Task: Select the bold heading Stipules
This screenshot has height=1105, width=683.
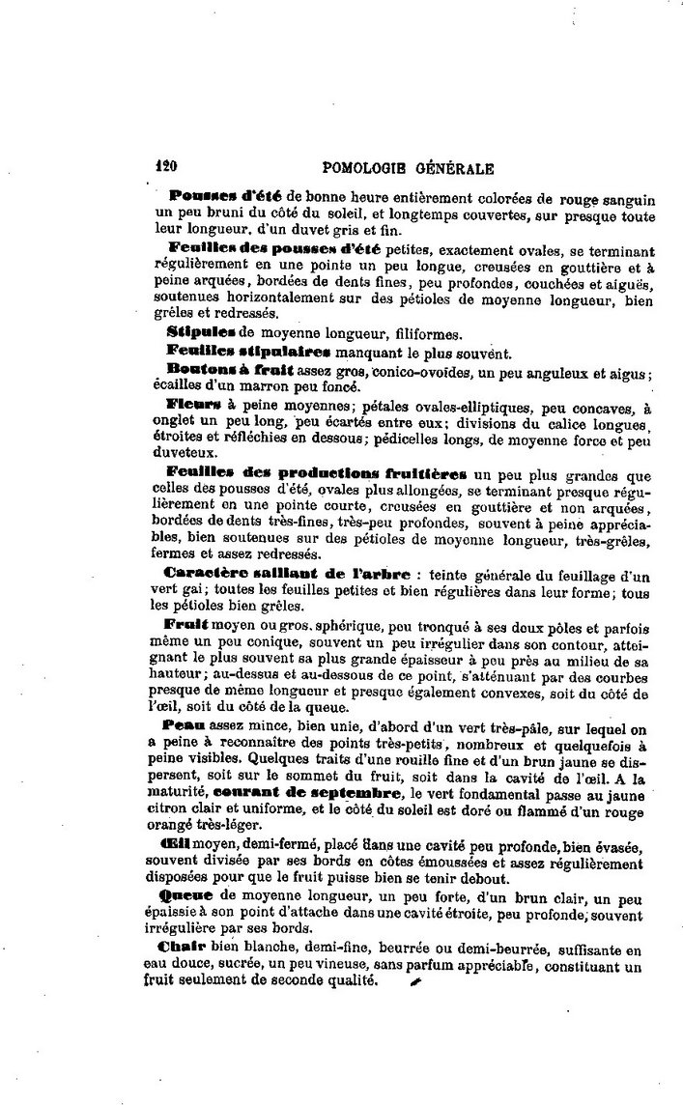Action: (202, 331)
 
